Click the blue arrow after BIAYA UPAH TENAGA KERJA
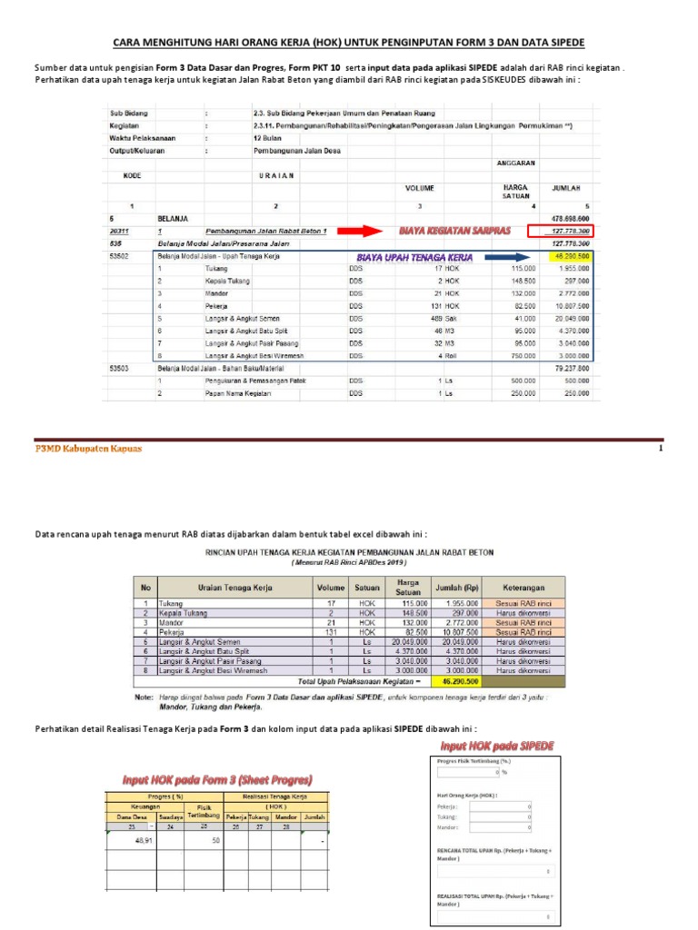(x=508, y=257)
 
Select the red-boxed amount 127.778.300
(x=563, y=232)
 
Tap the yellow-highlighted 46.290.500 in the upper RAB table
(x=571, y=257)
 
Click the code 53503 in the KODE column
(x=121, y=369)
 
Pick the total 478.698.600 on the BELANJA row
(x=570, y=219)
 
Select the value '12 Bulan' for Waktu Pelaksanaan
(x=271, y=138)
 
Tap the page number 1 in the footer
(x=662, y=449)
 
